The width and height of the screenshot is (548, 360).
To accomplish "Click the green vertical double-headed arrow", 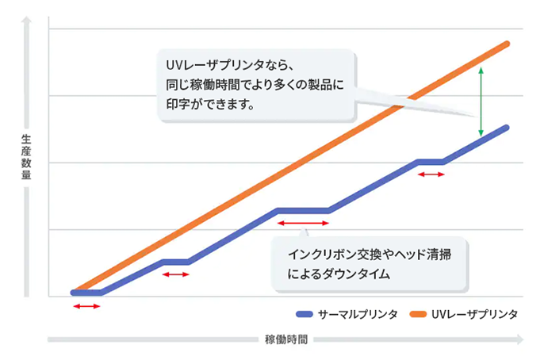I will tap(481, 102).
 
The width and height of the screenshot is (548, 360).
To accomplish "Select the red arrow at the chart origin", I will tap(86, 305).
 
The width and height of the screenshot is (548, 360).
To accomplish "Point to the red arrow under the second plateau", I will tap(175, 274).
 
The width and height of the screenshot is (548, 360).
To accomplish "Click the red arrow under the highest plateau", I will tap(431, 174).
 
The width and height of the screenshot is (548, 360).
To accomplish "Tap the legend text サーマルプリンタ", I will tap(356, 314).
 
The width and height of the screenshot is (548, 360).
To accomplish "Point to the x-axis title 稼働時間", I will tap(285, 339).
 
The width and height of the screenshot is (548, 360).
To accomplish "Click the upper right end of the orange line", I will tap(506, 44).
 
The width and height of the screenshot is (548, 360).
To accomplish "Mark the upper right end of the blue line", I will tap(505, 128).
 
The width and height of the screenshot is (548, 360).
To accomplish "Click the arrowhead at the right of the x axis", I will tap(519, 339).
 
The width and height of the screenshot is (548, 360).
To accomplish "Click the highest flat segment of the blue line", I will tap(431, 162).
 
